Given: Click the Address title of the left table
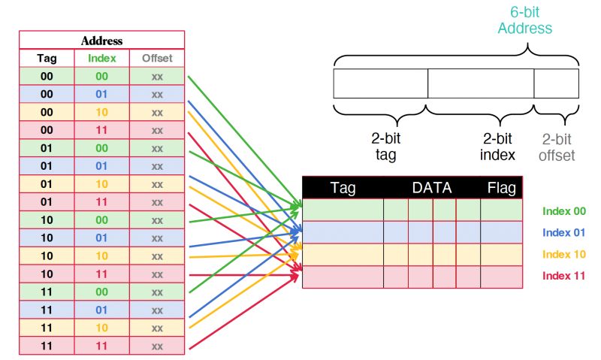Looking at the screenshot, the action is [x=101, y=41].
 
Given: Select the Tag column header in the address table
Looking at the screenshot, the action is [x=47, y=59].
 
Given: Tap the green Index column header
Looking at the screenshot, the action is [x=101, y=59].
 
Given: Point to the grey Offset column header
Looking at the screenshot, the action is [x=157, y=59].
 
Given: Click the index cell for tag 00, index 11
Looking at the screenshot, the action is [x=101, y=130].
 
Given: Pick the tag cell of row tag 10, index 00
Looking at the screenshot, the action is [x=47, y=220].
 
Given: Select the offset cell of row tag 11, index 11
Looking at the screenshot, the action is [x=157, y=346].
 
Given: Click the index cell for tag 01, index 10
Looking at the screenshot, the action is [x=101, y=184].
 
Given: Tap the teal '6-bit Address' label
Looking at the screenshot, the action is [x=524, y=20].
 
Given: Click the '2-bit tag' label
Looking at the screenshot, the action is [x=385, y=147].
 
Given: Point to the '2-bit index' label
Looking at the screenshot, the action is [x=497, y=147].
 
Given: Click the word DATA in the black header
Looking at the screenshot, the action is [x=432, y=188].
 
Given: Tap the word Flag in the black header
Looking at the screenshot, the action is [x=502, y=188].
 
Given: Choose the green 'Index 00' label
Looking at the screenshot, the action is [x=564, y=211].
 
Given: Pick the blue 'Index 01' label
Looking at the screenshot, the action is [x=564, y=232].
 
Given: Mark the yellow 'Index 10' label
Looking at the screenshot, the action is [x=564, y=254].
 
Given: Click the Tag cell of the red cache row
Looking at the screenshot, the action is [x=343, y=277].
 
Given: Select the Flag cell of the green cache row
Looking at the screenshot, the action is [x=501, y=210].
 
